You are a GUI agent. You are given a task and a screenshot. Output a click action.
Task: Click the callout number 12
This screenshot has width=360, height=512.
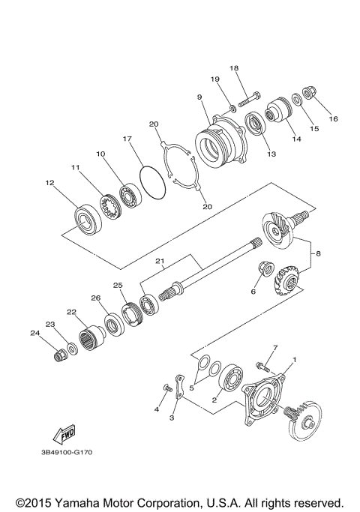point(49,182)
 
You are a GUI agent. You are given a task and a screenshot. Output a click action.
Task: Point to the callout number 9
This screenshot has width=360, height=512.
point(199,97)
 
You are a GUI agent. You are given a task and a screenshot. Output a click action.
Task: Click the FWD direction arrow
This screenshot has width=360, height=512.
point(56,436)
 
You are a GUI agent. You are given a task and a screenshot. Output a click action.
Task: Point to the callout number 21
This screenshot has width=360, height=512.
point(160,262)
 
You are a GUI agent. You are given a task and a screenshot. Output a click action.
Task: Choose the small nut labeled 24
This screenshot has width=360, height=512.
point(58,355)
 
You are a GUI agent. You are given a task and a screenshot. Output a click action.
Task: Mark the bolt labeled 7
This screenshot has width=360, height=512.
point(262,366)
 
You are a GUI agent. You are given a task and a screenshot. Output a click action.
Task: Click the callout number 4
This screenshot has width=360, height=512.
point(157,409)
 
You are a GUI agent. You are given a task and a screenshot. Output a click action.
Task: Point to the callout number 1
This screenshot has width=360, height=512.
point(294,360)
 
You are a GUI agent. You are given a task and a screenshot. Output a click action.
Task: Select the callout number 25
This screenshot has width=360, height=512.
point(117,286)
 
